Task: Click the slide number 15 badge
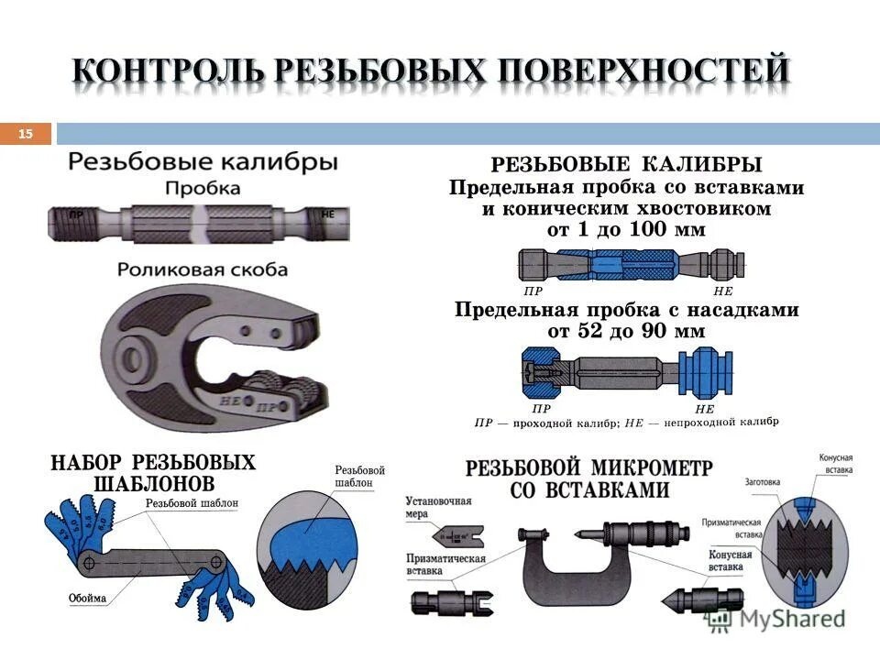26,135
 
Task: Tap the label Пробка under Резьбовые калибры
203,189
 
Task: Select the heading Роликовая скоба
203,270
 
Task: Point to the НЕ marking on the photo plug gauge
327,214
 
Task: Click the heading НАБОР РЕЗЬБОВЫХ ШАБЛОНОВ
153,472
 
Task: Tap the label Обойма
87,599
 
